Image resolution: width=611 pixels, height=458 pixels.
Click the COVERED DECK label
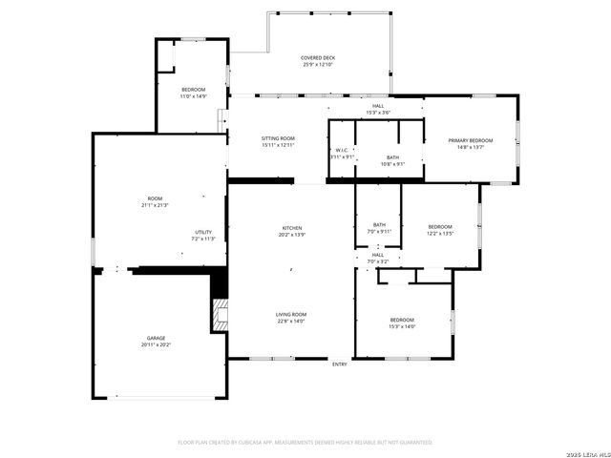319,57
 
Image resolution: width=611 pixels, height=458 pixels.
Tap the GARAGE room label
158,338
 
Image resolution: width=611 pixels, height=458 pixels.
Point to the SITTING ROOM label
278,138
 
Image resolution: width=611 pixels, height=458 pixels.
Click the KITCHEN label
291,228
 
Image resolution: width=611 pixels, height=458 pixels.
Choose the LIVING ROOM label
291,314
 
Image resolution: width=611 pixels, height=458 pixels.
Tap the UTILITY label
203,232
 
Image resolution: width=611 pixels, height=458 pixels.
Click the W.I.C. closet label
341,150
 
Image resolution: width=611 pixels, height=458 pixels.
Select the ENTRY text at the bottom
340,364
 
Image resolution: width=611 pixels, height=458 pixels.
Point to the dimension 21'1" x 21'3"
155,205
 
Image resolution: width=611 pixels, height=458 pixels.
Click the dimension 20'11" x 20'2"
158,344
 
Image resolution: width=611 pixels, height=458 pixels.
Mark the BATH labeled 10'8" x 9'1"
392,157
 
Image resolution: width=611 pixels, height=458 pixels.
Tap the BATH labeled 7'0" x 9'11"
379,225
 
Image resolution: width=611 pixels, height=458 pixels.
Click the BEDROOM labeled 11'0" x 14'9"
193,90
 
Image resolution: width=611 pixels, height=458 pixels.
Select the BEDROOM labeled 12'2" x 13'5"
439,226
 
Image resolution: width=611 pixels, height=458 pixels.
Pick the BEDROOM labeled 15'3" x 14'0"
402,320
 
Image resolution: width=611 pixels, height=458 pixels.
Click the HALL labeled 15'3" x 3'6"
378,106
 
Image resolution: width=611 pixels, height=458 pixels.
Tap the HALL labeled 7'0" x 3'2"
378,255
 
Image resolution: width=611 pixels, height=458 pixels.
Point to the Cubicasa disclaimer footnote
305,442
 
